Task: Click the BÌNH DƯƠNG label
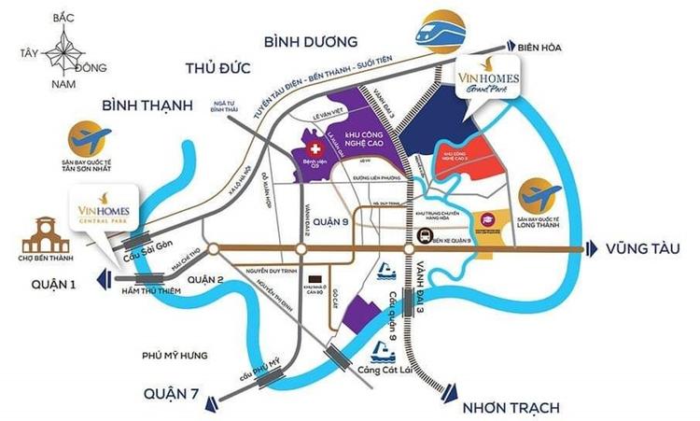click(x=311, y=41)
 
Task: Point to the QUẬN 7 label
click(x=172, y=395)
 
